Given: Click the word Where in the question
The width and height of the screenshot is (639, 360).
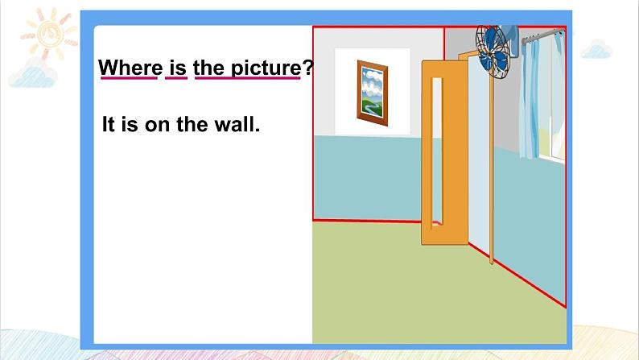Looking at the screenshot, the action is pos(130,68).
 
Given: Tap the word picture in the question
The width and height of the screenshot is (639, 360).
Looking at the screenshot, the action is pos(266,68).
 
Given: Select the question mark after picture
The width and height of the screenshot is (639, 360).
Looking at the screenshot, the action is pos(307,68).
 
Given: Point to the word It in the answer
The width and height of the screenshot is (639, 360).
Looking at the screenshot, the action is pos(108,124).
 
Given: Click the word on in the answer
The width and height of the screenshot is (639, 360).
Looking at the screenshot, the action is pos(157,125).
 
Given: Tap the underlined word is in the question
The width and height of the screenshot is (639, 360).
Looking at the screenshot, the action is pos(176,68).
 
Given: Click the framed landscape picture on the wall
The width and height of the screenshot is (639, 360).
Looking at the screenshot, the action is pos(372,93).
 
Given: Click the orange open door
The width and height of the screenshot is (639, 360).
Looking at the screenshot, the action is pos(445,152).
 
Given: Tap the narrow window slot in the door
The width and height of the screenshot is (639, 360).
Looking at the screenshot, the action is pos(437,151).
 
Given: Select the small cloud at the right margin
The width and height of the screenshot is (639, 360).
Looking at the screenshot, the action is pos(596,49).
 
